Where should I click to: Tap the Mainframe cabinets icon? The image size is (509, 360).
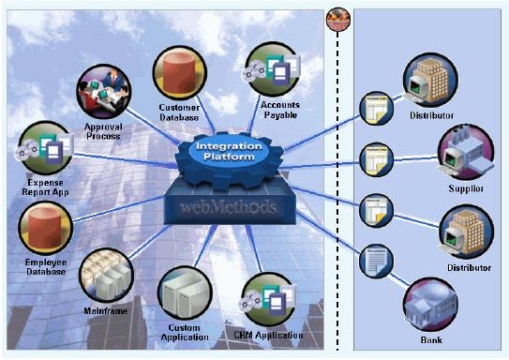click(x=109, y=276)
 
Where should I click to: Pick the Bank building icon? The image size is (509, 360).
click(x=430, y=307)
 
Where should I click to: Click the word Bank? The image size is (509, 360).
click(x=431, y=340)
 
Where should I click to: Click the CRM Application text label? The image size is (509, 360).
click(x=269, y=335)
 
